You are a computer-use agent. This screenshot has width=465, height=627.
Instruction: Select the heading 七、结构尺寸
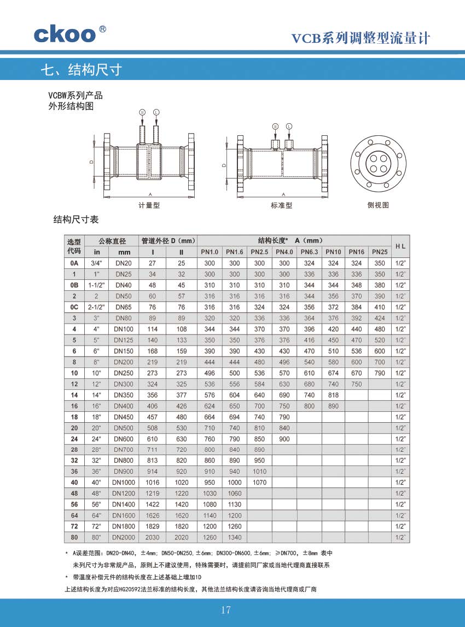point(80,70)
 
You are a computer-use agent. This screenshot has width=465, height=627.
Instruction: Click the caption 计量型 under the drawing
point(149,205)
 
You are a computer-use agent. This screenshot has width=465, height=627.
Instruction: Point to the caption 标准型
point(282,205)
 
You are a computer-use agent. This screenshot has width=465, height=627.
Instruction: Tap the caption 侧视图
point(378,205)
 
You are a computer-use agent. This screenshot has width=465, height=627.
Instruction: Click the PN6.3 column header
point(309,252)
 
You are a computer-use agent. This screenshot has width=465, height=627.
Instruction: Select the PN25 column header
point(380,252)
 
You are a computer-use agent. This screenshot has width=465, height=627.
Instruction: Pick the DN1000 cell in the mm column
point(123,482)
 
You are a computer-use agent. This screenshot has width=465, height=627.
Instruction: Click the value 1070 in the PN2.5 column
point(259,482)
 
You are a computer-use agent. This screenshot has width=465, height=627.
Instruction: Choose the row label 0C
point(74,307)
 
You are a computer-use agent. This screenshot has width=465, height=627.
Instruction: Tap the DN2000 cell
point(123,537)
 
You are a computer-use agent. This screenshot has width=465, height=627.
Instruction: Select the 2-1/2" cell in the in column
point(97,307)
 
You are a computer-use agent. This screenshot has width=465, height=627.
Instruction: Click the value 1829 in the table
point(153,526)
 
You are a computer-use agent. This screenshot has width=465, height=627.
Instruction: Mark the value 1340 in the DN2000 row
point(234,537)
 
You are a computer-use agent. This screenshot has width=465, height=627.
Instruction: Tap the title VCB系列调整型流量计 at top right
point(361,38)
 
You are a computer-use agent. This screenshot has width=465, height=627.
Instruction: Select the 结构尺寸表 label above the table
point(75,220)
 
